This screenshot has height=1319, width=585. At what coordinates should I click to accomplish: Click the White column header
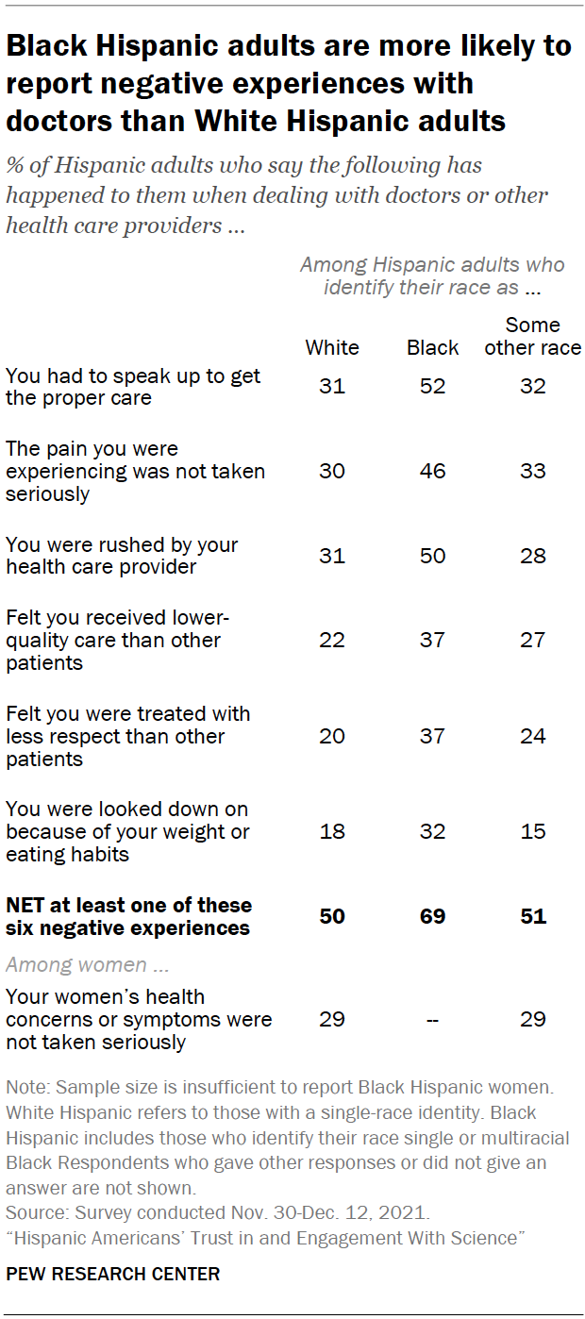[x=332, y=347]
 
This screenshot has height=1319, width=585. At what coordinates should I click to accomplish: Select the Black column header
[x=432, y=347]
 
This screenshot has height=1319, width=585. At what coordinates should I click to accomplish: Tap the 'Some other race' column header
[x=533, y=336]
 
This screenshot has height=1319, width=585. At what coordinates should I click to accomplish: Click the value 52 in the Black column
[x=432, y=387]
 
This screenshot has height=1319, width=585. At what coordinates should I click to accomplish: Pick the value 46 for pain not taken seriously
[x=432, y=471]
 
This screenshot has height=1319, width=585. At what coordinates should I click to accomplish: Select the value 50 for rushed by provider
[x=432, y=556]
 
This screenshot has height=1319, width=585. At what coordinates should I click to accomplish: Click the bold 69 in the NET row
[x=432, y=916]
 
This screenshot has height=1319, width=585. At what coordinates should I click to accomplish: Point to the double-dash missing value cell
[x=432, y=1019]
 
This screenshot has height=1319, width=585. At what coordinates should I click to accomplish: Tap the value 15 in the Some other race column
[x=533, y=831]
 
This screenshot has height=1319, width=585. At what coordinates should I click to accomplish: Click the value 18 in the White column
[x=332, y=831]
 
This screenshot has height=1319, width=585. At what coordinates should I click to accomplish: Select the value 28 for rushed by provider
[x=533, y=556]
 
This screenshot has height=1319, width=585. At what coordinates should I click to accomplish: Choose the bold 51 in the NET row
[x=533, y=916]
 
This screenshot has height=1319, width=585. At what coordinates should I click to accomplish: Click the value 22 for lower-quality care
[x=332, y=641]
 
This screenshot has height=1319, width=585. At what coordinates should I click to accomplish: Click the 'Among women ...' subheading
[x=77, y=964]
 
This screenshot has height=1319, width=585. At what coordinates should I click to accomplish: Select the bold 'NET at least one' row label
[x=128, y=916]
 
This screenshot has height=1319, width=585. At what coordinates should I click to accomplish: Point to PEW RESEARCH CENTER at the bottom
[x=113, y=1274]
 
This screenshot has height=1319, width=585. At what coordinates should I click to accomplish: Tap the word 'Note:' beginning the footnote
[x=27, y=1089]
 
